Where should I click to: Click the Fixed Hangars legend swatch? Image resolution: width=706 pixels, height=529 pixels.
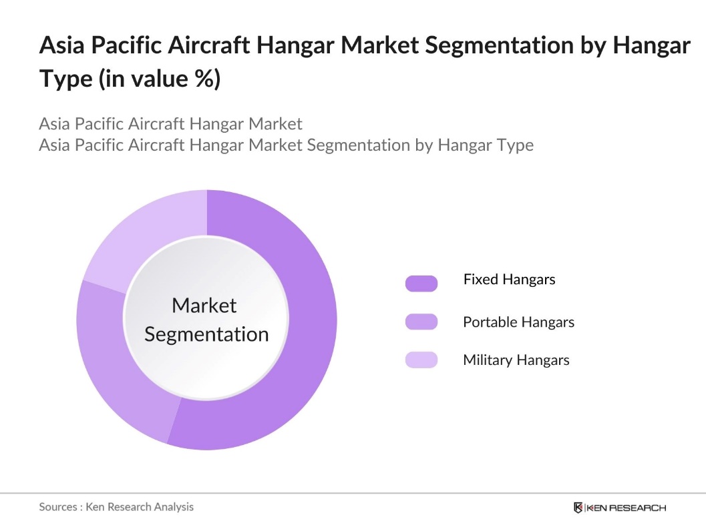tap(421, 284)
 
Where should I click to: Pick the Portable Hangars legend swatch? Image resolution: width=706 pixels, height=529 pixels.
tap(421, 322)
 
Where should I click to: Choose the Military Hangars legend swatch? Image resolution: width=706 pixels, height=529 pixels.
tap(421, 360)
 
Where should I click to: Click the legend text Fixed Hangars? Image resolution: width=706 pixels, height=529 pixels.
tap(509, 280)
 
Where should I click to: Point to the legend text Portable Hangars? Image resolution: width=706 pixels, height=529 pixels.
tap(518, 322)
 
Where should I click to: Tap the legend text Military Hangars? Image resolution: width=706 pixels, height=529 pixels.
tap(516, 360)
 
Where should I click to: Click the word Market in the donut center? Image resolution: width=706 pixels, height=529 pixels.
tap(204, 306)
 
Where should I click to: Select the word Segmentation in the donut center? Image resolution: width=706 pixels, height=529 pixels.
tap(206, 334)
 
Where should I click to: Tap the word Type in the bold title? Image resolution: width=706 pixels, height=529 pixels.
tap(65, 79)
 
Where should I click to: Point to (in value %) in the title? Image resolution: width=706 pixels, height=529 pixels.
tap(159, 79)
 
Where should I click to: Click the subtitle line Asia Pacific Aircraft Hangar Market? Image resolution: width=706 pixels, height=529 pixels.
tap(170, 124)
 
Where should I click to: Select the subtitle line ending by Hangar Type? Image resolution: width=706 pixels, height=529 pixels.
tap(286, 145)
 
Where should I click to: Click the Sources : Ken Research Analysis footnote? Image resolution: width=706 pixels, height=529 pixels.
tap(116, 507)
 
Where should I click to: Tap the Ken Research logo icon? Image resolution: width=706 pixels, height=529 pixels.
tap(578, 508)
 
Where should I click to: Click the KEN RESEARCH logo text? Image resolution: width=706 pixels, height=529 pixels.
tap(626, 508)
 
